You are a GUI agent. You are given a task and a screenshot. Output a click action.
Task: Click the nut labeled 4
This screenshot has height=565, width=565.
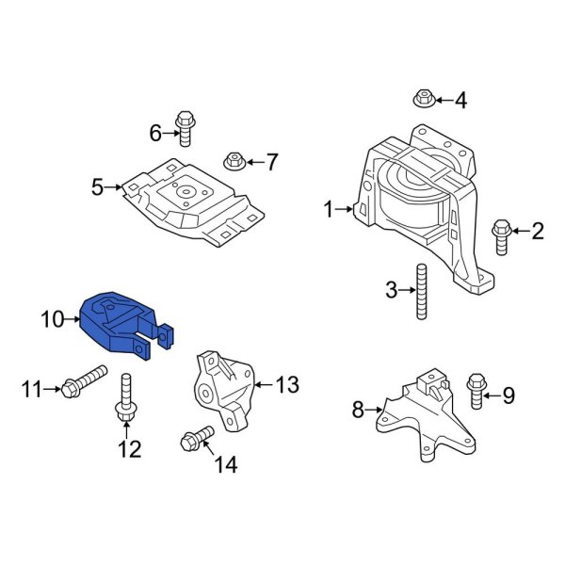423,97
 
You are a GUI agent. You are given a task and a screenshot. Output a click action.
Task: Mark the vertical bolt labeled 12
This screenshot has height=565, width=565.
124,400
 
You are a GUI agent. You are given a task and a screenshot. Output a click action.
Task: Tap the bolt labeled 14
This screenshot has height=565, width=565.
197,438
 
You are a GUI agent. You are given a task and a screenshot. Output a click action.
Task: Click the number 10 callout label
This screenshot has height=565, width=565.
52,321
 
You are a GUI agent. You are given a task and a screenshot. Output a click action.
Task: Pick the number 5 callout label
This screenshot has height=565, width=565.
97,187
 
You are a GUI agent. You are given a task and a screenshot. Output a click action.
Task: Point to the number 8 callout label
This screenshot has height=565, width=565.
358,409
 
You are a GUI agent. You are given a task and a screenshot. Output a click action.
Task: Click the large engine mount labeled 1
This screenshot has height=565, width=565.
419,207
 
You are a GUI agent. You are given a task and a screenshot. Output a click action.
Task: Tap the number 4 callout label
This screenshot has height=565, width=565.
460,100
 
